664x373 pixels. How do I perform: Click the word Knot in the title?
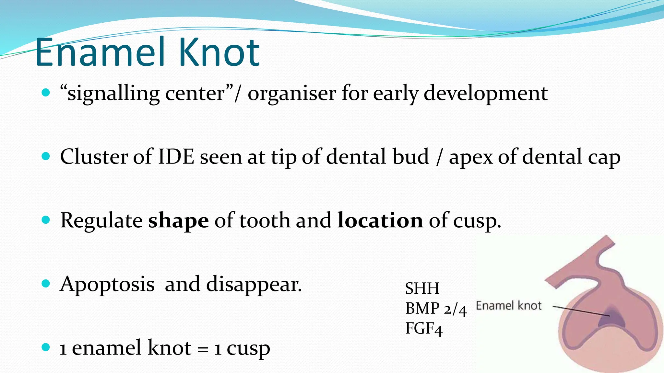click(219, 52)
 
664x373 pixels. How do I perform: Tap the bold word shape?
click(178, 221)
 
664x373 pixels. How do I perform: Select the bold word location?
click(380, 221)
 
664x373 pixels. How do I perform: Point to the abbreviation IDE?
click(176, 157)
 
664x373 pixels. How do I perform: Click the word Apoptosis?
click(107, 285)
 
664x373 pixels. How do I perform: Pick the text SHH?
click(422, 288)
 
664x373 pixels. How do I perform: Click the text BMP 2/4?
click(436, 309)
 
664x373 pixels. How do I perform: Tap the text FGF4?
click(424, 329)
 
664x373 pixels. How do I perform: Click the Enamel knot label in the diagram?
click(508, 306)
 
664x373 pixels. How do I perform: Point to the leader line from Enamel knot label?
click(580, 311)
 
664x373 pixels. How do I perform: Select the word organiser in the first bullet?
click(292, 94)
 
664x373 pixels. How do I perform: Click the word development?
click(485, 94)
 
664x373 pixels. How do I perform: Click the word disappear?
click(254, 285)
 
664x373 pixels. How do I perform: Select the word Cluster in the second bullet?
click(94, 157)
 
